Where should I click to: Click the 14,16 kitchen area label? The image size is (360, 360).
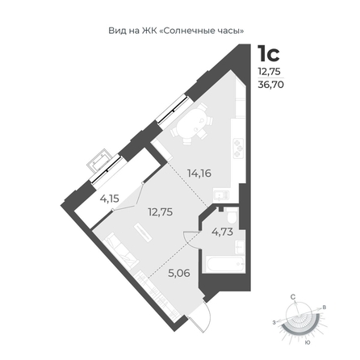coord(199,174)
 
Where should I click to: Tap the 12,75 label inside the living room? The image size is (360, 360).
coord(161,212)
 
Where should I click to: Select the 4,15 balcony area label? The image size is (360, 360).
coord(109,199)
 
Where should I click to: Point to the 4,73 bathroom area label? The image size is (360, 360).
coord(222,232)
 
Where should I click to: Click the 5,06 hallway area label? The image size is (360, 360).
coord(179,274)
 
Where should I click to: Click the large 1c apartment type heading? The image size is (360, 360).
coord(269,53)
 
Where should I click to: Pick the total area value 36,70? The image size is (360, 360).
coord(270,85)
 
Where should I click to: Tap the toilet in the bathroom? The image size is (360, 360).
coord(231,216)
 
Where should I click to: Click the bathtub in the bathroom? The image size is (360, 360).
coord(225,264)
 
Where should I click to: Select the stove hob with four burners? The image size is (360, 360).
coord(238,149)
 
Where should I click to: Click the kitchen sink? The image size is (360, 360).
coord(221,195)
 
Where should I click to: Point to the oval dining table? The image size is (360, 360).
coord(192,123)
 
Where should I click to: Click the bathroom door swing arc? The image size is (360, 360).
coord(188,240)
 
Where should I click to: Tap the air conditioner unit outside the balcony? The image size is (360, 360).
coord(99,161)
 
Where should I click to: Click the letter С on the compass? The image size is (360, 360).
coord(293,297)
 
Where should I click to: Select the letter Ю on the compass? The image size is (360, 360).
coord(308,342)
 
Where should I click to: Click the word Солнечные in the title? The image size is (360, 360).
coord(188,31)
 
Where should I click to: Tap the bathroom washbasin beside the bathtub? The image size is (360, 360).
coord(240,247)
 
